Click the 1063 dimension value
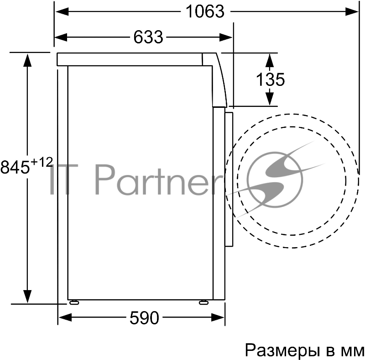[x=205, y=11]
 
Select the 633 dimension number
[x=148, y=37]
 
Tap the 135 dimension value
[x=270, y=79]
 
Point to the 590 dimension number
[x=144, y=318]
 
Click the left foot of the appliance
[x=73, y=302]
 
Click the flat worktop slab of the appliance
[x=130, y=59]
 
